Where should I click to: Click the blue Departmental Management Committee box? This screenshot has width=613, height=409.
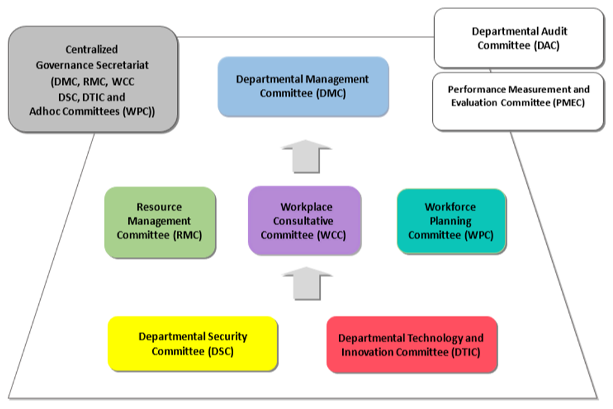tap(303, 86)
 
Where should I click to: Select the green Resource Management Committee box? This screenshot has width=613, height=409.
tap(159, 222)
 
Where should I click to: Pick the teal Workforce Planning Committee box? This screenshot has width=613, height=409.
tap(451, 221)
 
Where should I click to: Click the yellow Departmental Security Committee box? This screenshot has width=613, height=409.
tap(192, 344)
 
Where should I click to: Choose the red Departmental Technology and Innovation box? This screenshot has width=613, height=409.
tap(411, 345)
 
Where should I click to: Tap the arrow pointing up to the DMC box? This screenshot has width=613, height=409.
tap(306, 156)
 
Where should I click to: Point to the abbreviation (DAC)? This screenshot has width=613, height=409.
tap(543, 46)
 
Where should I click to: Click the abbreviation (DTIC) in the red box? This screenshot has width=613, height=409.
tap(465, 353)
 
